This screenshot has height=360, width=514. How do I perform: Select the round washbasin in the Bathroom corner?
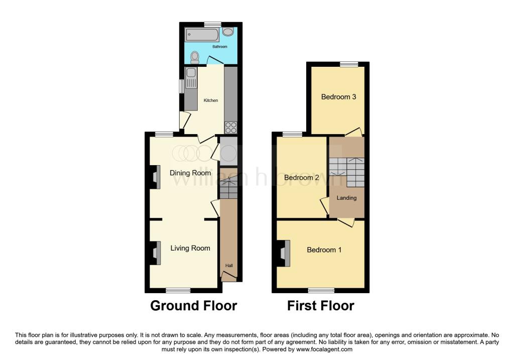tap(228, 32)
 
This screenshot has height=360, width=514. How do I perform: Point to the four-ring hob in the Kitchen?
tap(230, 128)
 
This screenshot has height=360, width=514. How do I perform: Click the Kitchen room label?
tap(211, 100)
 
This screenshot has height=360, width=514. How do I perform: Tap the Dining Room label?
tap(190, 173)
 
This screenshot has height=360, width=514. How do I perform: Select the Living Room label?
tap(190, 248)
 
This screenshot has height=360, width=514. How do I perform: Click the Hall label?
tap(229, 266)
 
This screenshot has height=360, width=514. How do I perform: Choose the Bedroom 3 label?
tap(339, 96)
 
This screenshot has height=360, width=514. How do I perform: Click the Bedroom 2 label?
tap(302, 177)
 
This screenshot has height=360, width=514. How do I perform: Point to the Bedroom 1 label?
tap(324, 250)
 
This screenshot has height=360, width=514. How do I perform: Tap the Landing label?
tap(346, 198)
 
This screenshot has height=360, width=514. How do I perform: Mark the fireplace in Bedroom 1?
tap(284, 253)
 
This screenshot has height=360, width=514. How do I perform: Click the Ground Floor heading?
tap(194, 305)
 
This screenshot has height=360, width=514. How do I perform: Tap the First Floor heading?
tap(321, 305)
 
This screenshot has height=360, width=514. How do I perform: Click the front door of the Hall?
tap(228, 276)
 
